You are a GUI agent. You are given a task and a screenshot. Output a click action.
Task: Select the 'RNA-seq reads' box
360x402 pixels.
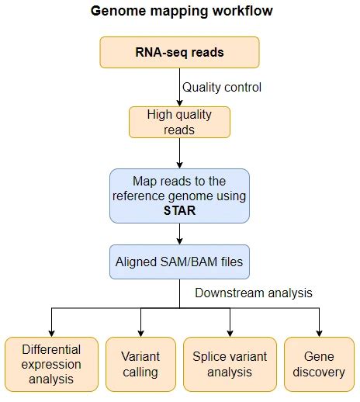point(179,52)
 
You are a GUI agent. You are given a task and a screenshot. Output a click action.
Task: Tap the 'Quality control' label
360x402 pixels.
point(221,87)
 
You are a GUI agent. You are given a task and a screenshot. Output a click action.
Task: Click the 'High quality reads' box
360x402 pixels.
point(179,122)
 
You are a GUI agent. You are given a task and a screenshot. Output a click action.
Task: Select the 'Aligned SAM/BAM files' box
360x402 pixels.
point(179,262)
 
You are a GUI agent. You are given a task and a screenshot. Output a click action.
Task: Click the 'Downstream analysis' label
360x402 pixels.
point(253,293)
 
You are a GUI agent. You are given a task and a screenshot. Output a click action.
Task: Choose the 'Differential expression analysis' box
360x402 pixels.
point(51,363)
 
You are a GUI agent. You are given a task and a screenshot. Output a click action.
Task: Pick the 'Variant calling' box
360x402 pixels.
point(140,363)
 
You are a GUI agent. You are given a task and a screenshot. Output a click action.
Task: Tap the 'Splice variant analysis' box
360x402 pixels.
point(230,363)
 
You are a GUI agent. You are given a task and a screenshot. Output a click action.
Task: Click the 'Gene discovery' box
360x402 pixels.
point(319,363)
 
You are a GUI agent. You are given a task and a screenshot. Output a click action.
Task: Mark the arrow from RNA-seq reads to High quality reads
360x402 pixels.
point(179,87)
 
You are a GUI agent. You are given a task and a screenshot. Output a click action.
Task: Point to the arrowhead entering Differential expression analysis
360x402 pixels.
point(51,331)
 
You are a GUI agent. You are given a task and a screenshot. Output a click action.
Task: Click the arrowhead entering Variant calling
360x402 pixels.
point(140,331)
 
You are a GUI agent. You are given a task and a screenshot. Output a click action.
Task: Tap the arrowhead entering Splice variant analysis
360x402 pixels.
point(230,331)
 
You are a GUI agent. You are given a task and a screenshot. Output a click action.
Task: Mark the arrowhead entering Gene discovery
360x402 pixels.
point(319,331)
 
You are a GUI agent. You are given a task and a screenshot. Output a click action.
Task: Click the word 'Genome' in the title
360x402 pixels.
point(115,12)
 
